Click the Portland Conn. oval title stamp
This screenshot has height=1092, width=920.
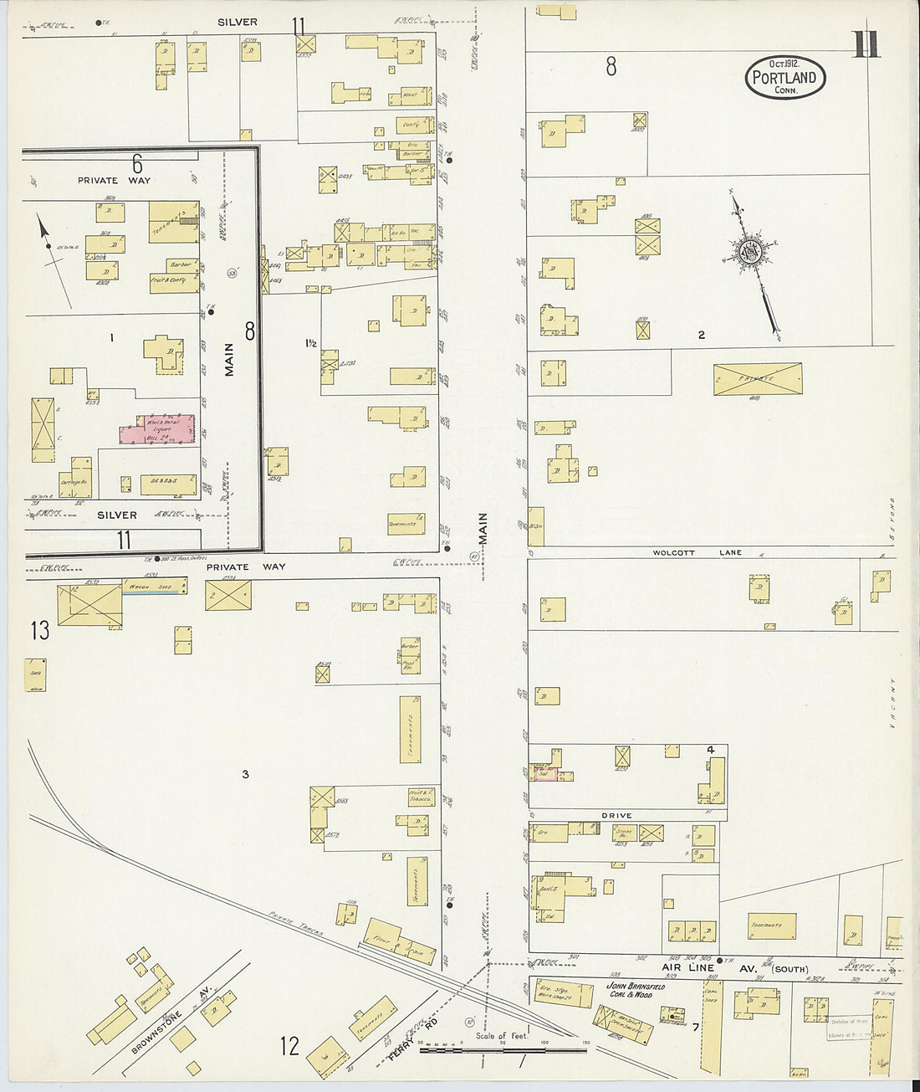click(785, 78)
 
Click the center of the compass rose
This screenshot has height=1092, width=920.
click(749, 253)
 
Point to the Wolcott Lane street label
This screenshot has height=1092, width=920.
click(698, 553)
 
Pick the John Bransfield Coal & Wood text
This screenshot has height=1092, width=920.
click(635, 990)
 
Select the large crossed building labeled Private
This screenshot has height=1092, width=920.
click(757, 379)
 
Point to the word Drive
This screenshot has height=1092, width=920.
click(616, 815)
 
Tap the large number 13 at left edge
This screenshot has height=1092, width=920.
click(40, 630)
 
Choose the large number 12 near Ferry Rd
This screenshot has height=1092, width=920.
click(289, 1046)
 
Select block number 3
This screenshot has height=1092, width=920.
click(245, 774)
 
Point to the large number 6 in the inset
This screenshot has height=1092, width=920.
click(137, 163)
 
